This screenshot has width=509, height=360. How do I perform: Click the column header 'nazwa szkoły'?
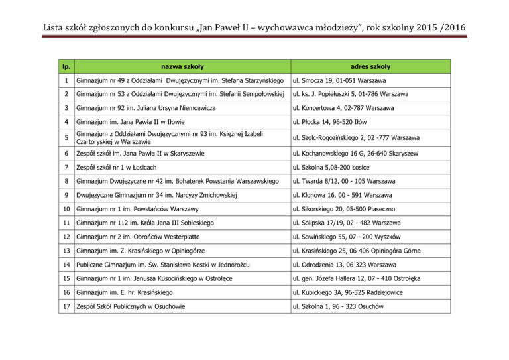pos(184,67)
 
